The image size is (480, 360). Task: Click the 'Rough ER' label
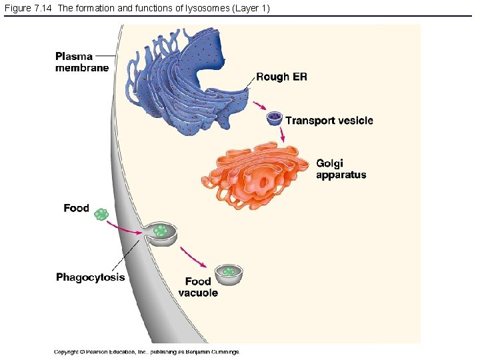click(281, 77)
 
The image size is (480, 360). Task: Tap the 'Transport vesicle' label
click(329, 121)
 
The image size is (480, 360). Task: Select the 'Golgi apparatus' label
click(341, 169)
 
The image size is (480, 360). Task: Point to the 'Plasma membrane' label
click(81, 62)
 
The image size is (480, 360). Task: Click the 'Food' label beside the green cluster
click(76, 208)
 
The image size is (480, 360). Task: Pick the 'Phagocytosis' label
click(90, 277)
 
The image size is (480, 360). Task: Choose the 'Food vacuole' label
click(198, 287)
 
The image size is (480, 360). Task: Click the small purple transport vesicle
click(274, 119)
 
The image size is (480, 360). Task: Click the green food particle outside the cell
click(101, 214)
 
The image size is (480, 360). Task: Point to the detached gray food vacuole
click(229, 273)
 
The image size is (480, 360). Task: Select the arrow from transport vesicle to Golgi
click(283, 134)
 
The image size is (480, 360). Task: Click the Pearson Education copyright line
click(147, 351)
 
